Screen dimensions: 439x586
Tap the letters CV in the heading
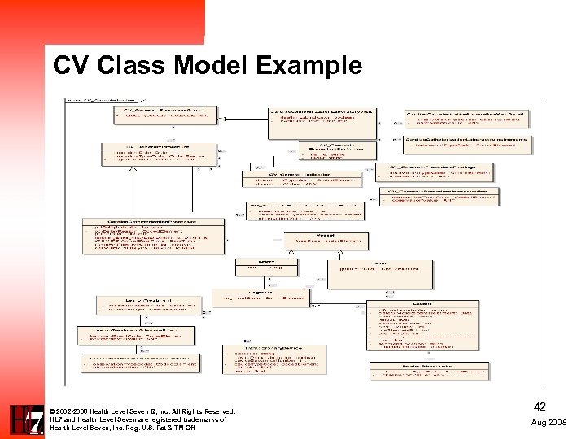69,65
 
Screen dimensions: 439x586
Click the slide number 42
540,407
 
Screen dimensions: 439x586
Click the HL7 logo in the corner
25,419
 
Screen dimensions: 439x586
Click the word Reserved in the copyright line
211,411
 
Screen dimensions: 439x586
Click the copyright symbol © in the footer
52,411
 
